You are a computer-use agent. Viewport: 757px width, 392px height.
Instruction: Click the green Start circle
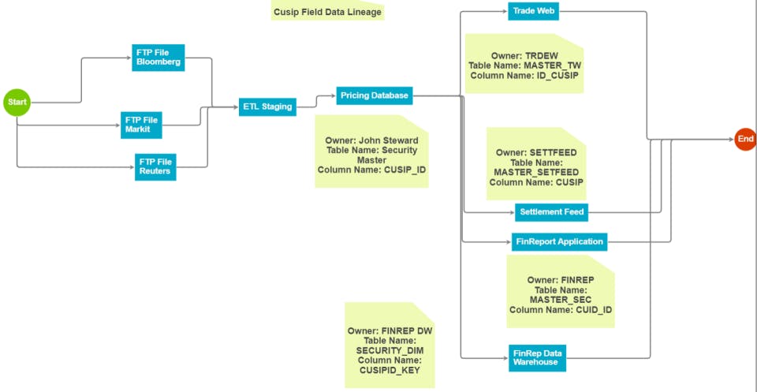pyautogui.click(x=17, y=102)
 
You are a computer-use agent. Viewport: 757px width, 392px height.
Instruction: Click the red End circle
pyautogui.click(x=745, y=139)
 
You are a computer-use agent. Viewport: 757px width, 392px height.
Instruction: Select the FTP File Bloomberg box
pyautogui.click(x=158, y=58)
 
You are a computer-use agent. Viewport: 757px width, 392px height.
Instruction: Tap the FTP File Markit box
pyautogui.click(x=142, y=125)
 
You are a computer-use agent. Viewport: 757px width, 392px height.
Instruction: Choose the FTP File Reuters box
pyautogui.click(x=155, y=166)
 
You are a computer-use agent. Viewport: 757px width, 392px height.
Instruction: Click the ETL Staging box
pyautogui.click(x=267, y=106)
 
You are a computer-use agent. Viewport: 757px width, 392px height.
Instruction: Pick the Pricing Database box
pyautogui.click(x=375, y=96)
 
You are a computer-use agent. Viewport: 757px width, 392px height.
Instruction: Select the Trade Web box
pyautogui.click(x=533, y=12)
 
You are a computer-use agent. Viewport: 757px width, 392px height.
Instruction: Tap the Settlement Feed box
pyautogui.click(x=551, y=212)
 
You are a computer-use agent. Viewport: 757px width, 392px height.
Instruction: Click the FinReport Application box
pyautogui.click(x=558, y=241)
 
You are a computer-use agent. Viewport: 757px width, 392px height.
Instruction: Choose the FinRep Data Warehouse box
pyautogui.click(x=537, y=357)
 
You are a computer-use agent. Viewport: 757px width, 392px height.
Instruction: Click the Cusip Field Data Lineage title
pyautogui.click(x=327, y=12)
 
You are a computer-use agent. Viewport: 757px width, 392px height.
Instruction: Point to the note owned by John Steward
pyautogui.click(x=371, y=151)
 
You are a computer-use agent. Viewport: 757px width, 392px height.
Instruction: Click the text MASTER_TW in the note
pyautogui.click(x=552, y=65)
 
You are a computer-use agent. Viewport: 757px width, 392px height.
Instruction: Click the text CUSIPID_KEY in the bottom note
pyautogui.click(x=390, y=369)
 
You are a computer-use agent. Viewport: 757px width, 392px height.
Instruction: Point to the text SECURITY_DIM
pyautogui.click(x=390, y=350)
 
